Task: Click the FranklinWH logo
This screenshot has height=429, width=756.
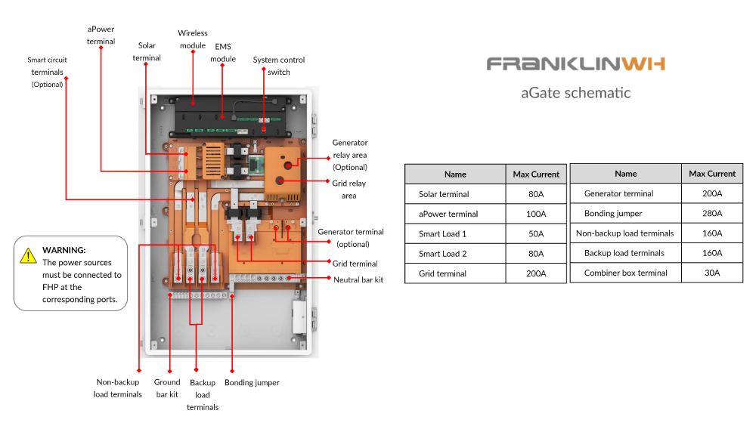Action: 575,64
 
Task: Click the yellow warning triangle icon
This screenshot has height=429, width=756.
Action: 28,255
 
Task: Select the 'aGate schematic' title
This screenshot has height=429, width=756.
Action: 575,93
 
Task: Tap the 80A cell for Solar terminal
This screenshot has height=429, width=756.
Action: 535,194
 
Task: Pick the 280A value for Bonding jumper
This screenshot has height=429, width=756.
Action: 711,214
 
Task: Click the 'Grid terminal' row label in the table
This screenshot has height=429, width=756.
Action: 442,273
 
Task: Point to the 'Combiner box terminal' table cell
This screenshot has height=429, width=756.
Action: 625,273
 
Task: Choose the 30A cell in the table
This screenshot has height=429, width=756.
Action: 711,273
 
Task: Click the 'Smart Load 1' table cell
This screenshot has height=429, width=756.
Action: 442,234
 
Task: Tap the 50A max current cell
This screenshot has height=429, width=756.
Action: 535,234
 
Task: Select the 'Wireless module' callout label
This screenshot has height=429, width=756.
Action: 192,39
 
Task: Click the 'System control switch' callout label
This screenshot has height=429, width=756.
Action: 279,66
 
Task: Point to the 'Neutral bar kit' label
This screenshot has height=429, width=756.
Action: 358,279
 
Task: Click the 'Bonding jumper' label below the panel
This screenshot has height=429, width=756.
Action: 252,383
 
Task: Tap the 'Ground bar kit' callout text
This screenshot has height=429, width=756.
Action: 167,388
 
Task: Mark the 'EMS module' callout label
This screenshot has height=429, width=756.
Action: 223,52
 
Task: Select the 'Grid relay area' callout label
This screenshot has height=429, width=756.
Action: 349,189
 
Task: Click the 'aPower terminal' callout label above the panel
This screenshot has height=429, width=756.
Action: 101,35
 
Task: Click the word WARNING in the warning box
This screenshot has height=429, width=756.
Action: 64,250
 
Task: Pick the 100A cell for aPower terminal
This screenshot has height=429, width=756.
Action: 535,214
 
